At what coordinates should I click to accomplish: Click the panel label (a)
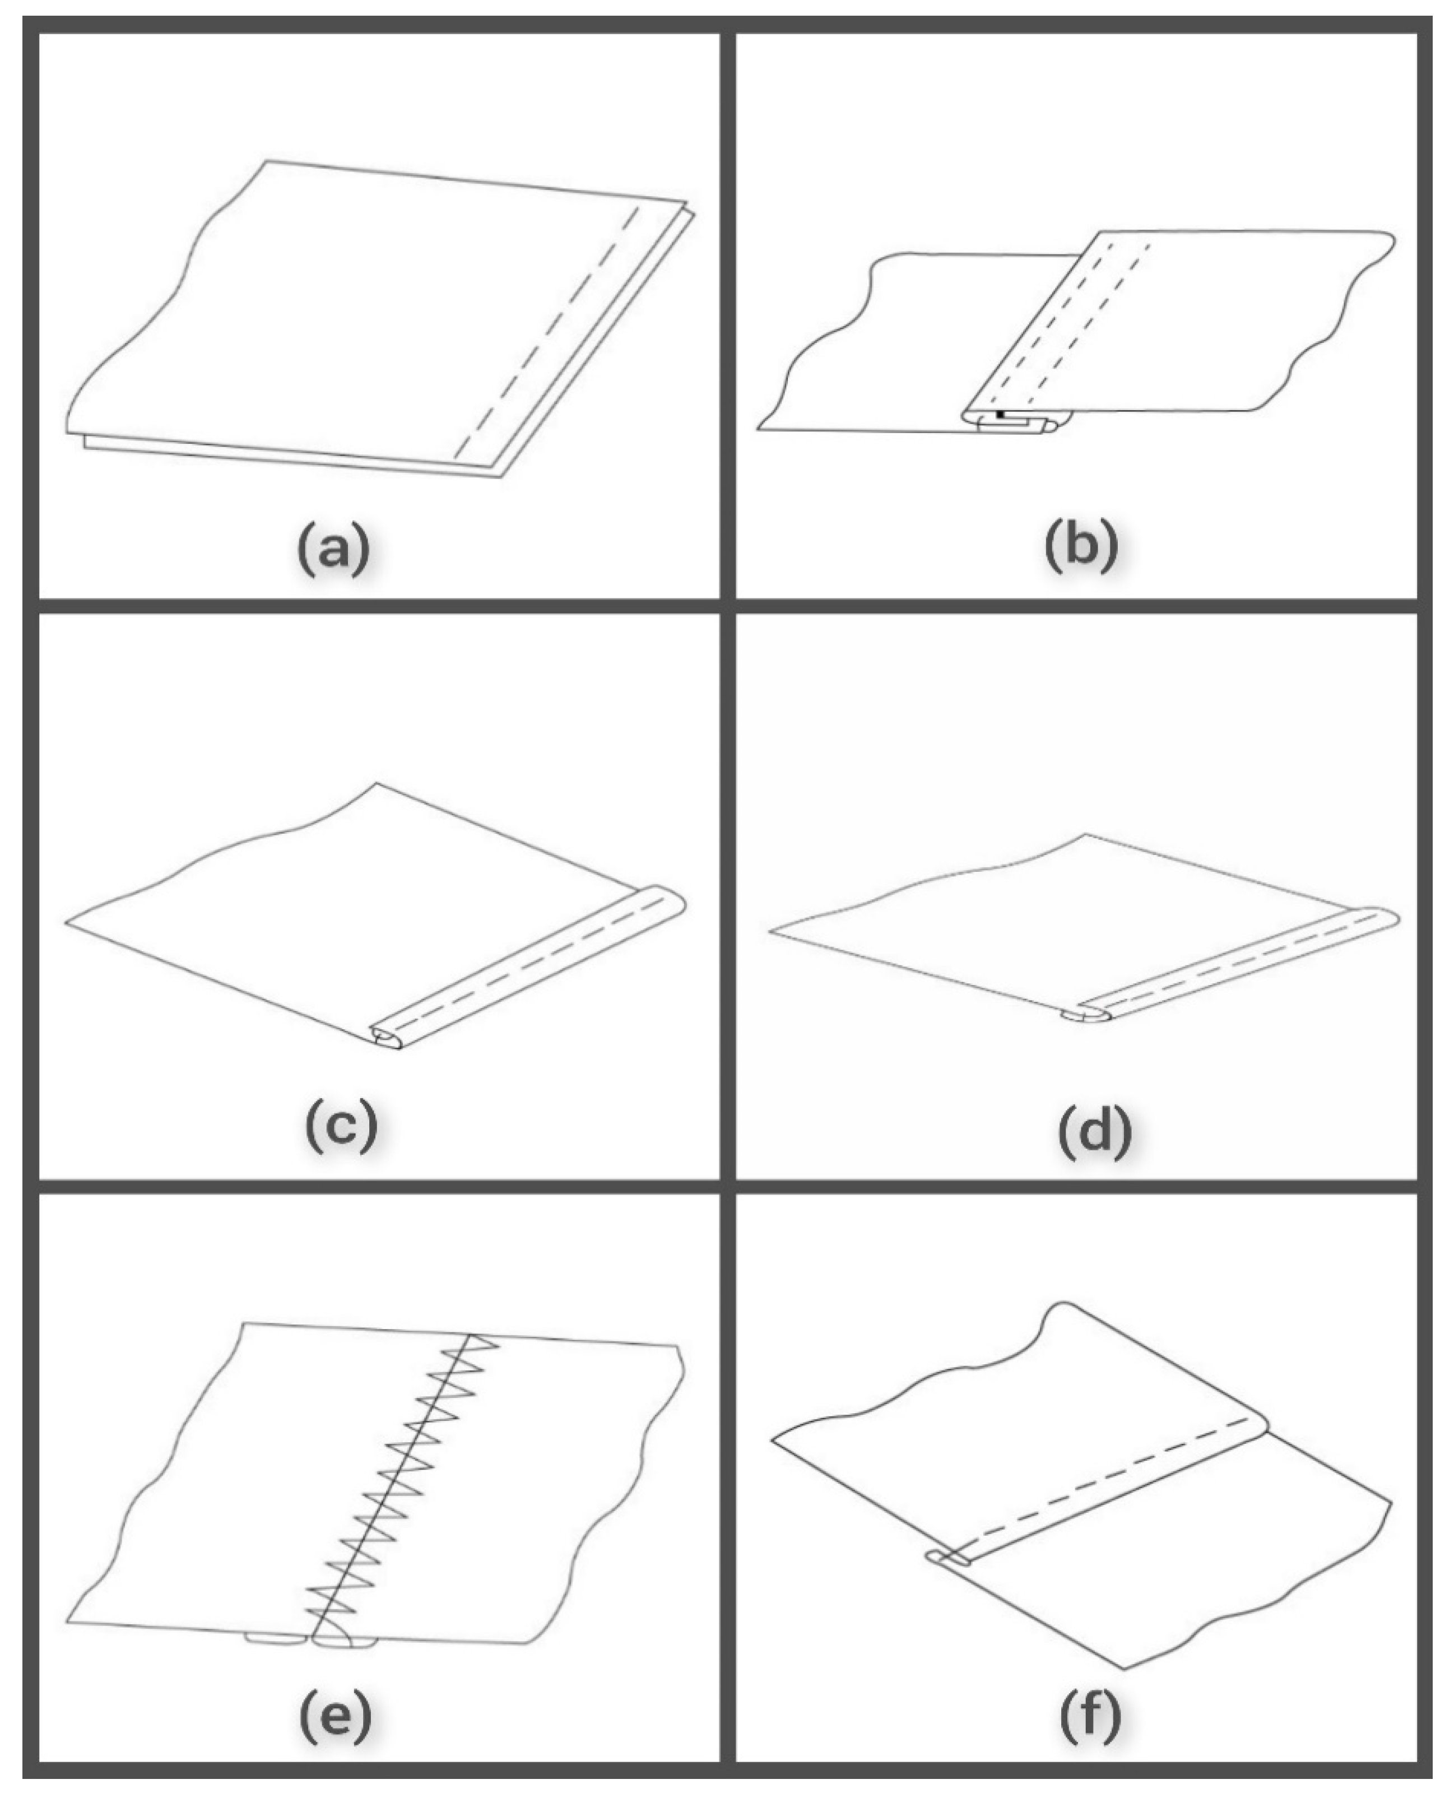coord(333,549)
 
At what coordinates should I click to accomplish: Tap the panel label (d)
coord(1095,1132)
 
